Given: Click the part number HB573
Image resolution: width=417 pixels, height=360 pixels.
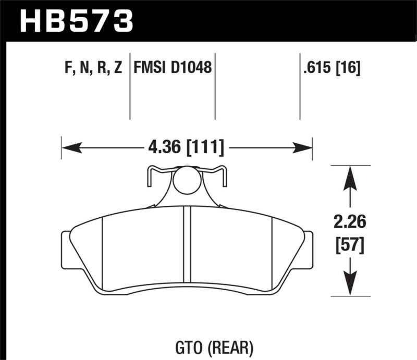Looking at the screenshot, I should [x=77, y=21].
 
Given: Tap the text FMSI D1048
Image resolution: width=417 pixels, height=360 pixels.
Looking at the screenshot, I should [x=173, y=68].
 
